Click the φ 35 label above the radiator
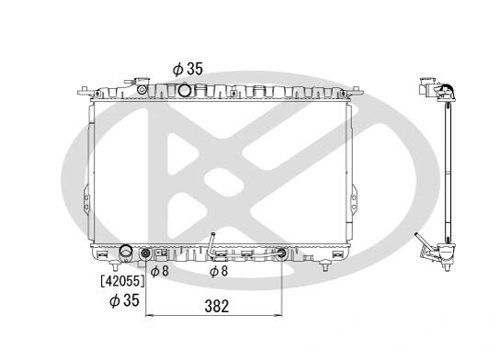[187, 69]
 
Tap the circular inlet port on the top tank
[185, 89]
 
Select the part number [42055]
[122, 281]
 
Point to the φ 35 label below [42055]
[124, 300]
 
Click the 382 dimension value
[217, 306]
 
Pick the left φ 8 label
[159, 271]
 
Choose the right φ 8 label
[219, 271]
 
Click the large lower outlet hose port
[125, 253]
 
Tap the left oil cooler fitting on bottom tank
[145, 253]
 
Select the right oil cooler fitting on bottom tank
[281, 253]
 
